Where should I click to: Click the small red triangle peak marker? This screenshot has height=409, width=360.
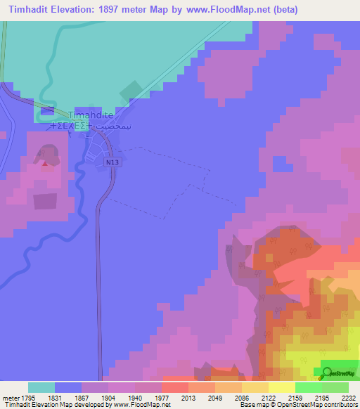[x=46, y=164]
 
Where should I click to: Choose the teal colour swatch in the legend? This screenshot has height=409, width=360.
[x=41, y=387]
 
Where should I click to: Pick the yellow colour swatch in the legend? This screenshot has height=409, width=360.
[x=282, y=387]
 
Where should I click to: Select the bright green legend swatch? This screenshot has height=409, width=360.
[x=309, y=387]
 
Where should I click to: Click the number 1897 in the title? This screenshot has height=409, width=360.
[x=115, y=10]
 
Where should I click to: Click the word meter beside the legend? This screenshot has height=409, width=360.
[x=8, y=398]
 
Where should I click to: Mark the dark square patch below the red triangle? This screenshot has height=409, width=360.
[x=45, y=202]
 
